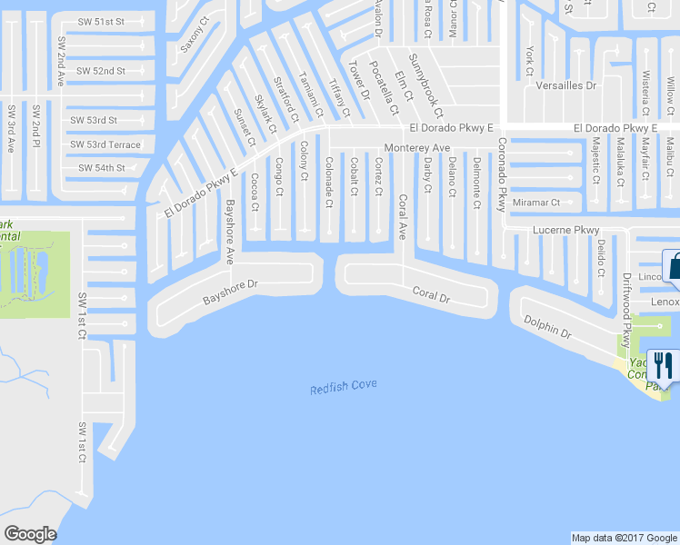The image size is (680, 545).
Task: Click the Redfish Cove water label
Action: tap(343, 388)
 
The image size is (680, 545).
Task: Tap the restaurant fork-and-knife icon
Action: tap(664, 367)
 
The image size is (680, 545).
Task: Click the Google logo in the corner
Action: tap(30, 534)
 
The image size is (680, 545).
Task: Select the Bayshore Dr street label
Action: tap(230, 292)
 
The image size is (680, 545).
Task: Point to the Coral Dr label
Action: tap(431, 294)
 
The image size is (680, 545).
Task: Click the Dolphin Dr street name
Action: tap(547, 327)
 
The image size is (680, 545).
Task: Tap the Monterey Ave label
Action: tap(417, 147)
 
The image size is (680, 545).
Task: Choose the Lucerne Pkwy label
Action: tap(566, 230)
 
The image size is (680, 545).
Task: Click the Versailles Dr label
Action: tap(566, 85)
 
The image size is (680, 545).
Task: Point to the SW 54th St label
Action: tap(101, 168)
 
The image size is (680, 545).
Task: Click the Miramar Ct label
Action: tap(536, 203)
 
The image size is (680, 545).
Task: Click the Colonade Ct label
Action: tap(329, 173)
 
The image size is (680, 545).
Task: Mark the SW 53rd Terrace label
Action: tap(105, 144)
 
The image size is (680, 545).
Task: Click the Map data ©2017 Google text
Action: tap(625, 538)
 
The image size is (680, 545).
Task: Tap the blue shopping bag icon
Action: tap(674, 266)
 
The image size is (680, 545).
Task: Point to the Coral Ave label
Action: tap(401, 216)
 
